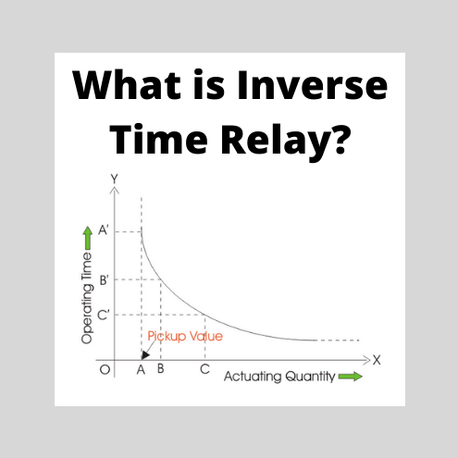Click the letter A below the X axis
[x=141, y=369]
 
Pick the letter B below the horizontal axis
[x=161, y=369]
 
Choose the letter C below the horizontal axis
[x=204, y=369]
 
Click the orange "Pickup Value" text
[x=185, y=336]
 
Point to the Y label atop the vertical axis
[x=113, y=178]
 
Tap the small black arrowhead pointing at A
[x=143, y=354]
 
